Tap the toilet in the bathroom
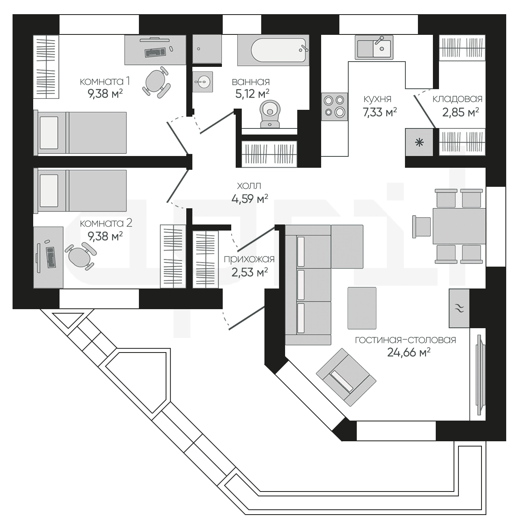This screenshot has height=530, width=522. [x=270, y=114]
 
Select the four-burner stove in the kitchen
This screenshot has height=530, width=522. [x=335, y=107]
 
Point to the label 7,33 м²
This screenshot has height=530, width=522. [x=380, y=112]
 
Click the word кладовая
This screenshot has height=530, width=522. [x=457, y=99]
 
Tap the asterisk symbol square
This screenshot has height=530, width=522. [x=419, y=142]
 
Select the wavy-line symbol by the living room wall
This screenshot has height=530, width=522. [x=459, y=308]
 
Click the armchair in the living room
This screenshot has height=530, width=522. [x=346, y=377]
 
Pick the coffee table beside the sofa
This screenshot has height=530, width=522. [x=362, y=308]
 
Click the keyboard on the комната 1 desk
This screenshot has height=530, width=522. [x=156, y=52]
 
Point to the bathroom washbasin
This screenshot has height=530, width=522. [x=202, y=82]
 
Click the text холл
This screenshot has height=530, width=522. [x=249, y=186]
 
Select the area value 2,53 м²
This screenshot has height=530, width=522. [x=249, y=272]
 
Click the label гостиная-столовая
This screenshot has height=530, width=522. [x=405, y=340]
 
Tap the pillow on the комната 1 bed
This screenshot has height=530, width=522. [x=49, y=132]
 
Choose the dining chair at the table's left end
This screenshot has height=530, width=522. [x=422, y=227]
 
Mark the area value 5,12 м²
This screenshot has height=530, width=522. [x=252, y=94]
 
